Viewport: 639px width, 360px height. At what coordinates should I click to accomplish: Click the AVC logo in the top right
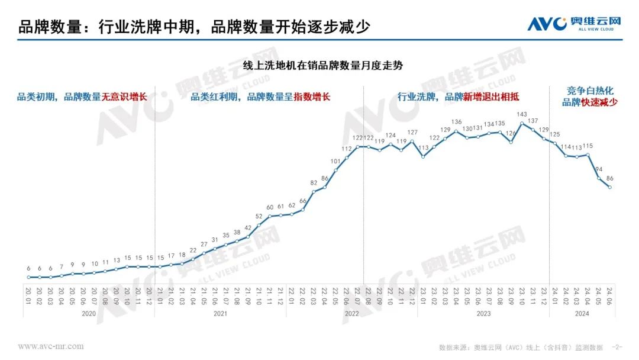[x=575, y=23]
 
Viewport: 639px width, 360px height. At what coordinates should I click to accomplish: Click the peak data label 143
[x=522, y=114]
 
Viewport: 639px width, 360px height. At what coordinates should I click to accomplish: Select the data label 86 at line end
[x=610, y=178]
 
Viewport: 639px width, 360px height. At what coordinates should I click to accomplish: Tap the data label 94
[x=599, y=169]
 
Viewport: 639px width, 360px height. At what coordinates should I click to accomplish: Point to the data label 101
[x=335, y=161]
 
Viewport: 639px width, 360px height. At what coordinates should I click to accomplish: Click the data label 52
[x=259, y=216]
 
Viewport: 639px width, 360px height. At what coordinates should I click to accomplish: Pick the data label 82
[x=314, y=183]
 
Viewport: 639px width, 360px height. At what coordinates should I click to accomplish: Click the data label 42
[x=248, y=227]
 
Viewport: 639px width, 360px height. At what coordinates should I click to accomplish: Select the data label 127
[x=412, y=132]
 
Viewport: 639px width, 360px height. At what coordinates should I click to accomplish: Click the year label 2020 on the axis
[x=89, y=314]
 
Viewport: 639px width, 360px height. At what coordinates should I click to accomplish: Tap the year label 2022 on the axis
[x=352, y=314]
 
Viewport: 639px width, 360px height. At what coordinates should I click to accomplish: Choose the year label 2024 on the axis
[x=582, y=314]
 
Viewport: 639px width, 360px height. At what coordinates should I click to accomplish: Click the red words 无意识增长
[x=124, y=97]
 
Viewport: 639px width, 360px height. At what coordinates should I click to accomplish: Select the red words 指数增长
[x=312, y=97]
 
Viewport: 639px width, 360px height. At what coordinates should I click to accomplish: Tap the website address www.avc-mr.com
[x=51, y=346]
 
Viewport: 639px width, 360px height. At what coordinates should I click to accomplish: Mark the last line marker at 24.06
[x=610, y=187]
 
